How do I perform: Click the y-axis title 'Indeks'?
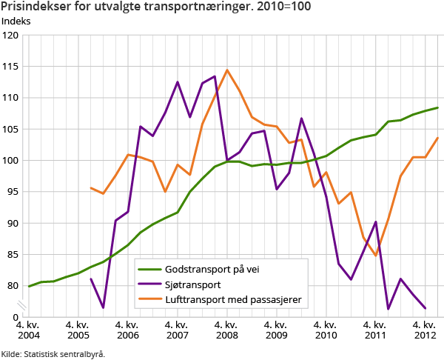pos(16,21)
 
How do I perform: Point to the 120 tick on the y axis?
pos(11,35)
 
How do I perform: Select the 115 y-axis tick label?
pos(11,66)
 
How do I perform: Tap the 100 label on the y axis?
pos(11,160)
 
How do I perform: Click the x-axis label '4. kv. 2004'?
pos(29,330)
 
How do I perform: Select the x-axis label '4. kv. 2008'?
pos(226,330)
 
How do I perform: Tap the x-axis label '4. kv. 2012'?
pos(425,330)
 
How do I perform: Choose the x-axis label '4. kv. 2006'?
pos(127,330)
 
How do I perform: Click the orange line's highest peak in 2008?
pos(226,70)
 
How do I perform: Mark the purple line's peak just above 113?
pos(215,76)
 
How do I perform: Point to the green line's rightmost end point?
pos(437,107)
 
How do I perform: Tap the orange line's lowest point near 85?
pos(376,255)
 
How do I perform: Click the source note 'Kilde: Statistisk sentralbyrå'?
pos(53,353)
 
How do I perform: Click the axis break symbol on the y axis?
pos(23,304)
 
